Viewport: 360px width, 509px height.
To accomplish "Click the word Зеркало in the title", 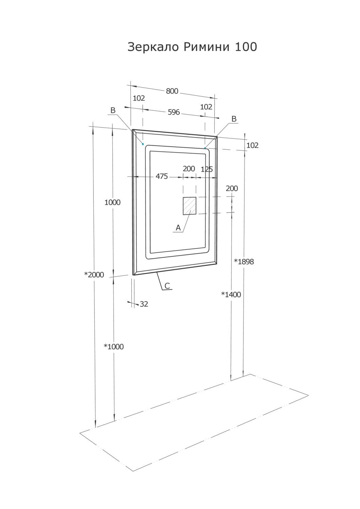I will point(154,47).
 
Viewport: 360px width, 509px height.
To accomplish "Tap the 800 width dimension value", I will point(172,91).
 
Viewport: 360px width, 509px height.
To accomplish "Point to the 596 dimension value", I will point(174,112).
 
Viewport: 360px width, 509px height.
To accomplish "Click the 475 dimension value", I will point(162,176).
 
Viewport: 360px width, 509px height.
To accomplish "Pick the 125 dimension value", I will point(206,169).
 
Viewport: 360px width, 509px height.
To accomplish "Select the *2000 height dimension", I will point(94,275).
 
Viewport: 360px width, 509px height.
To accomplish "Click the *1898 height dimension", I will point(244,262).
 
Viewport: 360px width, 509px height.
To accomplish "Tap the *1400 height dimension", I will point(231,295).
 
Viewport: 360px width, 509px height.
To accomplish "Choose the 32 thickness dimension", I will point(144,304).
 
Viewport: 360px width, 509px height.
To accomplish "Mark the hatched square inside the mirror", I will point(190,206).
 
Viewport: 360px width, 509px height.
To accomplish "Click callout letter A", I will point(178,228).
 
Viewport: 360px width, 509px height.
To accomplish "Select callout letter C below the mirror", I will point(167,286).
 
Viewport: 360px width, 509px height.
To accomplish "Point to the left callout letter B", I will point(113,111).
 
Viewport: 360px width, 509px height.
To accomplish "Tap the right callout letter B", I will point(234,119).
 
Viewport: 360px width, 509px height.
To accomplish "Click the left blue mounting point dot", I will point(143,144).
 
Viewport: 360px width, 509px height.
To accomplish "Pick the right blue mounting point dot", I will point(205,148).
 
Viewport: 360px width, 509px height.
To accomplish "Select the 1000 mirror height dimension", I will point(112,203).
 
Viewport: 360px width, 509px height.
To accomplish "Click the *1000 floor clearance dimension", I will point(114,347).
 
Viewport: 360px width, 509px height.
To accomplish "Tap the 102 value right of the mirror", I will point(252,145).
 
